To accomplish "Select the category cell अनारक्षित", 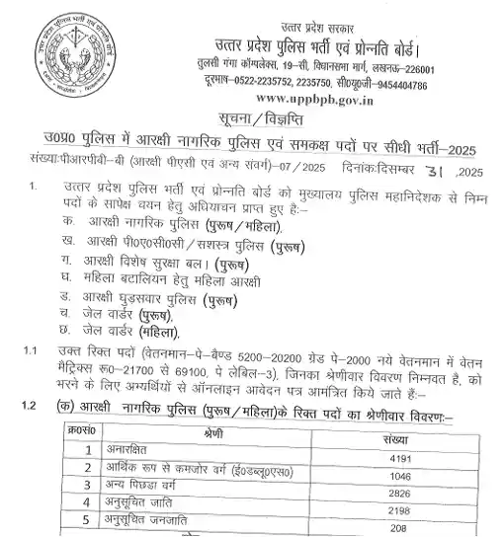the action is [x=125, y=459].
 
